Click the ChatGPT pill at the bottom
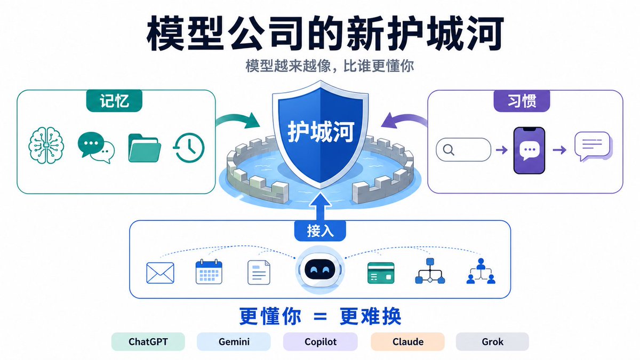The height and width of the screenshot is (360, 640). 148,341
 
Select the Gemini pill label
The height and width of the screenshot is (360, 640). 234,341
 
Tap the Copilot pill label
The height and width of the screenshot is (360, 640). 321,341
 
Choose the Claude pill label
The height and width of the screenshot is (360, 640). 407,341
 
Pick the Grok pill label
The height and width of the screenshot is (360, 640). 492,341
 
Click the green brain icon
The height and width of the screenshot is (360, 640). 46,146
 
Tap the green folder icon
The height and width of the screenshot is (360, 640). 145,148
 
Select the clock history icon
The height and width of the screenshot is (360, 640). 189,148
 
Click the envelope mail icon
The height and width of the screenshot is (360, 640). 160,273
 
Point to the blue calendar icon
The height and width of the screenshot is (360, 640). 209,271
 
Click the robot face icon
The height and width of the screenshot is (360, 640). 320,270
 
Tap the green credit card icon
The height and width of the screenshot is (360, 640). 381,273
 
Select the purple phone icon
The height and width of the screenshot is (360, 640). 529,150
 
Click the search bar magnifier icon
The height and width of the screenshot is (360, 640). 449,150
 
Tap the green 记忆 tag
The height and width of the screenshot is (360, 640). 114,101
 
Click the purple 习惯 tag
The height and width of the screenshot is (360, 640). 522,101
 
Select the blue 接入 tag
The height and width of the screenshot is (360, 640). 320,231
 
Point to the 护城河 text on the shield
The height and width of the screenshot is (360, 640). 321,131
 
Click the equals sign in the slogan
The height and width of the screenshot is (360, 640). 320,317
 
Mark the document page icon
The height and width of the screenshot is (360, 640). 259,273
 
